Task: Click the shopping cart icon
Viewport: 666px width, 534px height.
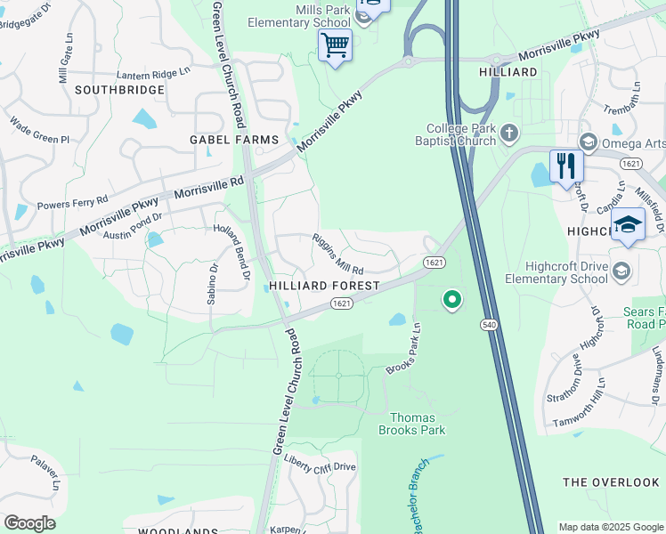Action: pyautogui.click(x=335, y=44)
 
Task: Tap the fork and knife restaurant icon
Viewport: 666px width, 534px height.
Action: pyautogui.click(x=565, y=166)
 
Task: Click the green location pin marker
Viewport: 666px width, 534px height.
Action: pyautogui.click(x=452, y=300)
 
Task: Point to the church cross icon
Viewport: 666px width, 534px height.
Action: pyautogui.click(x=508, y=133)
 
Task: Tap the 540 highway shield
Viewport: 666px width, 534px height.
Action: pyautogui.click(x=489, y=326)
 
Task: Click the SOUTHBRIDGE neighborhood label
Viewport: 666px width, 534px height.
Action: pyautogui.click(x=119, y=90)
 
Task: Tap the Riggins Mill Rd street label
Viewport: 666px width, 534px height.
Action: pyautogui.click(x=338, y=254)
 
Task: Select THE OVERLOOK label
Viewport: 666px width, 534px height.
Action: pyautogui.click(x=611, y=482)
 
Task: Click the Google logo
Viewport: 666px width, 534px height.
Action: pyautogui.click(x=29, y=523)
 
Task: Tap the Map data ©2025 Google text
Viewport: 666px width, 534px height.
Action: pyautogui.click(x=610, y=527)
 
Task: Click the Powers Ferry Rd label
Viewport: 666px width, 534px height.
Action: pyautogui.click(x=72, y=202)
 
